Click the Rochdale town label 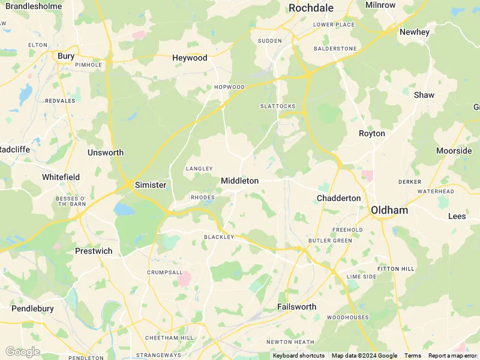(x=311, y=8)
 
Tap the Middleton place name (x=239, y=181)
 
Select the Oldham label (x=389, y=210)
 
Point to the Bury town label (x=66, y=56)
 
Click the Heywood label (x=190, y=58)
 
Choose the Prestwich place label (x=94, y=251)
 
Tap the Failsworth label (x=296, y=307)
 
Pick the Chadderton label (x=338, y=198)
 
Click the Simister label (x=150, y=185)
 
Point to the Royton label (x=371, y=133)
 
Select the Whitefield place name (x=61, y=177)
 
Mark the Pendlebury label (x=32, y=308)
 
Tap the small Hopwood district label (x=229, y=87)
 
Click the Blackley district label (x=218, y=237)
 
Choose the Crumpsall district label (x=164, y=272)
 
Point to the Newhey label (x=414, y=32)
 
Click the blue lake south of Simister (x=124, y=209)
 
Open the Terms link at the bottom (x=412, y=356)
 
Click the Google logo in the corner (x=22, y=352)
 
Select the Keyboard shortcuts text (x=298, y=356)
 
